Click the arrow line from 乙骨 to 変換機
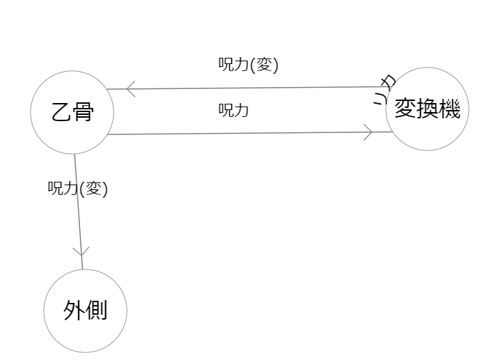pos(237,132)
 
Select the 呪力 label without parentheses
pos(234,110)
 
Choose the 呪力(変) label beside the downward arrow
pos(77,188)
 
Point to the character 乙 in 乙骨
pos(61,112)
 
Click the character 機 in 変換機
pos(450,109)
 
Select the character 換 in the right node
pos(428,109)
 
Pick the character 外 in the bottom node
pos(74,311)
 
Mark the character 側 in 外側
pos(96,311)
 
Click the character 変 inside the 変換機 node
pos(405,109)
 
